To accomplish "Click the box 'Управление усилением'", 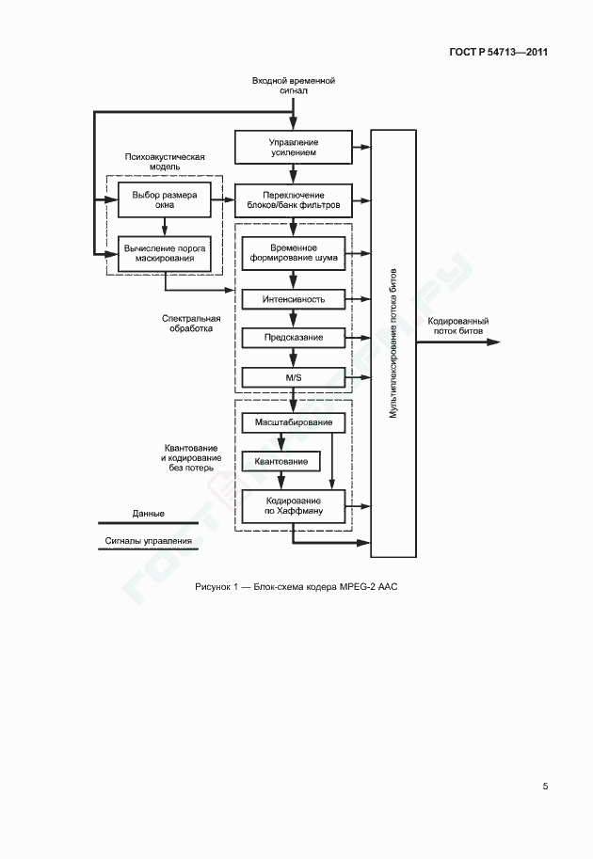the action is coord(294,147).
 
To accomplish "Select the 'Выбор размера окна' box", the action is coord(165,199).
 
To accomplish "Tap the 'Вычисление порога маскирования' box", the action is coord(165,254).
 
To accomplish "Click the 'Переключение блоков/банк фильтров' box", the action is coord(294,200).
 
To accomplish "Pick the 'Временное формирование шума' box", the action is coord(294,252).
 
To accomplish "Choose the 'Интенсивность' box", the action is coord(294,299).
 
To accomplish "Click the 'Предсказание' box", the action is coord(294,338).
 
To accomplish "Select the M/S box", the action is coord(294,377).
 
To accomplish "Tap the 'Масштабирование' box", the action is coord(294,422).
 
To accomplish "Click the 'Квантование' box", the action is coord(280,461).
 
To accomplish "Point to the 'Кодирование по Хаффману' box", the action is coord(294,505).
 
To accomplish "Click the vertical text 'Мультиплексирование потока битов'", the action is coord(393,343).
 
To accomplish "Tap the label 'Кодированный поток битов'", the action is coord(458,326).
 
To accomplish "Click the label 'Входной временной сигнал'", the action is coord(294,86).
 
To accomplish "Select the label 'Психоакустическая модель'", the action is coord(165,162).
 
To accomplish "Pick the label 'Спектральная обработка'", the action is coord(191,324).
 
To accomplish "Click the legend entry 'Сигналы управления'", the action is coord(149,541).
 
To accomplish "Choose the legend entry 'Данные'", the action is coord(148,514).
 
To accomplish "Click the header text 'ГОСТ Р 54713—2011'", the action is coord(498,52).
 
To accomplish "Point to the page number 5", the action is coord(545,787).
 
